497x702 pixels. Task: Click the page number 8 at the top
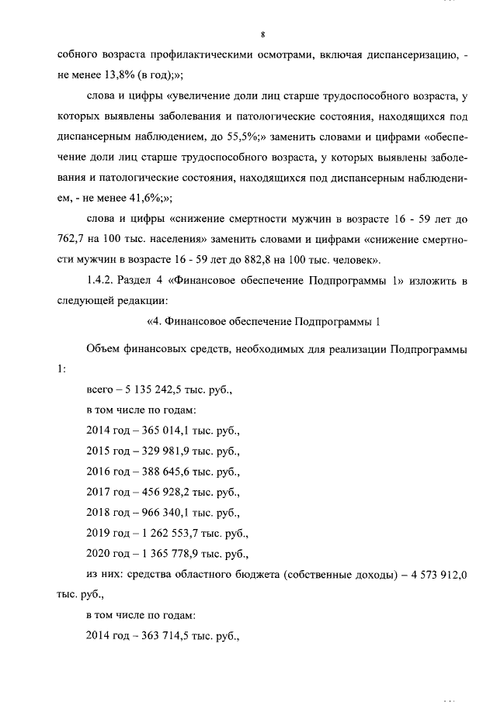pyautogui.click(x=264, y=35)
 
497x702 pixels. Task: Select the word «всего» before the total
pyautogui.click(x=100, y=389)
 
